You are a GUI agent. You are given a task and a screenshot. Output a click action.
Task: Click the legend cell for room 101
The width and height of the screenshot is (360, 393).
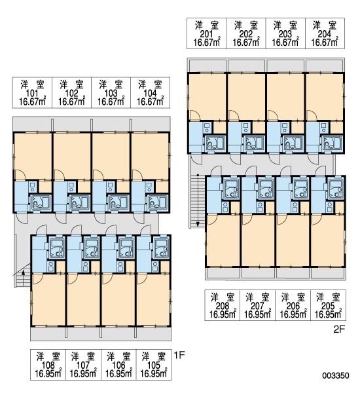(32, 93)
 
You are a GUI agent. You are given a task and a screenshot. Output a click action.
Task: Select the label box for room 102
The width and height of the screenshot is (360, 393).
(71, 93)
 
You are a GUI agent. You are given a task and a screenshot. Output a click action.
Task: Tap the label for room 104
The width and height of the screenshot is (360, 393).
(151, 93)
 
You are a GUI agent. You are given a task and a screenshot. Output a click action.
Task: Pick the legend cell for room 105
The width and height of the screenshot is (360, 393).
(154, 365)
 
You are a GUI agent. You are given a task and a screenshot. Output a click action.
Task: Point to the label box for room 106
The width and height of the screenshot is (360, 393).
(118, 365)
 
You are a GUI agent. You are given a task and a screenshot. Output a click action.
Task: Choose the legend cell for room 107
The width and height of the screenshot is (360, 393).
(83, 365)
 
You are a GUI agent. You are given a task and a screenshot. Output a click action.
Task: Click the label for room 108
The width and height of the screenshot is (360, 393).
(48, 365)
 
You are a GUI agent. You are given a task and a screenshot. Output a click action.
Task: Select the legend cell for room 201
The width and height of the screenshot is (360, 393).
(207, 33)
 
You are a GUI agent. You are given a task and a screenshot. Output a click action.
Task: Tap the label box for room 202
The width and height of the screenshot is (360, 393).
(246, 33)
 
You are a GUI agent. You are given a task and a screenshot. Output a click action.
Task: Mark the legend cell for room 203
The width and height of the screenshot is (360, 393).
(285, 33)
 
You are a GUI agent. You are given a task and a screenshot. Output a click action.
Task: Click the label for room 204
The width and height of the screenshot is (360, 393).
(325, 33)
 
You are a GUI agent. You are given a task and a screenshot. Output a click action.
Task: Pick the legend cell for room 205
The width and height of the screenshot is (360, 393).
(329, 305)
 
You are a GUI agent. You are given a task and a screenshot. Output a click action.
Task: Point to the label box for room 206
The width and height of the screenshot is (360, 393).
(293, 305)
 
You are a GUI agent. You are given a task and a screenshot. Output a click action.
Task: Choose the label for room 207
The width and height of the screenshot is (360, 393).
(258, 305)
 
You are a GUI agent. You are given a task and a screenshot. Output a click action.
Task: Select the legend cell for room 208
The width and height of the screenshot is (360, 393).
(223, 305)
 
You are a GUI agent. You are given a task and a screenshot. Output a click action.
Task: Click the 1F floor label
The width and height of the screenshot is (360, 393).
(179, 355)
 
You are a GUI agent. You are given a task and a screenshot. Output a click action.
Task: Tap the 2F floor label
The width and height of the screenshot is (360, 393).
(339, 329)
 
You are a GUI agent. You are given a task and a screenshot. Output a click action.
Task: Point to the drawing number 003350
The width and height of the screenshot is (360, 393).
(336, 375)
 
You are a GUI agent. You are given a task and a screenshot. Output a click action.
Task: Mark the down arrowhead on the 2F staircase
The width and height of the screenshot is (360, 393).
(198, 224)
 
